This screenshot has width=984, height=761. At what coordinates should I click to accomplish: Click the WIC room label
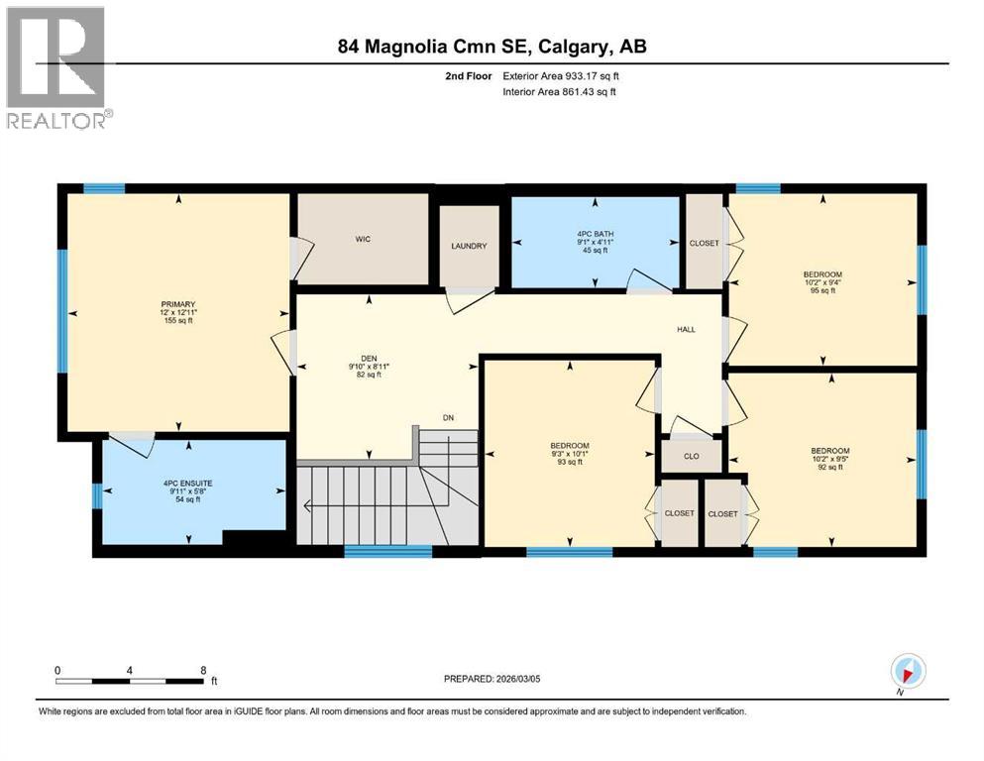tap(363, 240)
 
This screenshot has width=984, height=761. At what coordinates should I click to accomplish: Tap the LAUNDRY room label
tap(468, 246)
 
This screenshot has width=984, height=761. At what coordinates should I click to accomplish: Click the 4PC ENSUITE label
tap(188, 483)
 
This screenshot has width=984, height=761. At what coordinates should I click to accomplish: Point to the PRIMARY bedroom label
tap(179, 304)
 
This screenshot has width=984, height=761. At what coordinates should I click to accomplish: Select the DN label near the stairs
tap(449, 417)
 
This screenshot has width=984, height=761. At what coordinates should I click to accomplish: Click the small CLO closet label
tap(692, 457)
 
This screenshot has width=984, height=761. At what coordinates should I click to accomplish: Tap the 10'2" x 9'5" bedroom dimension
tap(822, 459)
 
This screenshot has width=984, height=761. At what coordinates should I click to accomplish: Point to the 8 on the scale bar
tap(203, 669)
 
